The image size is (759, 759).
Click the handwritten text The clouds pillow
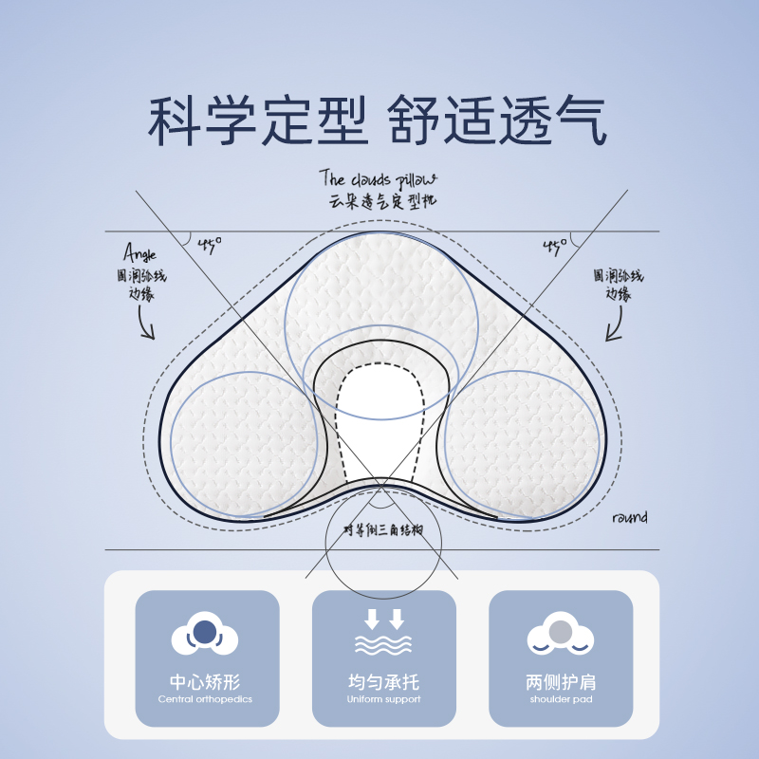coord(378,178)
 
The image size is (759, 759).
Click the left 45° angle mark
coord(210,245)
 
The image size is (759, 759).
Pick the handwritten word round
coord(630,518)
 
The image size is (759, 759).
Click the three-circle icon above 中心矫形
coord(205,636)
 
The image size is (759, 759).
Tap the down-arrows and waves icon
coord(383,633)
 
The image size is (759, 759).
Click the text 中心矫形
coord(205,682)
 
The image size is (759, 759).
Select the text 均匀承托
coord(383,682)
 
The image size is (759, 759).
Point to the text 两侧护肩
coord(561,682)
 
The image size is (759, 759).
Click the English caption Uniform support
coord(383,700)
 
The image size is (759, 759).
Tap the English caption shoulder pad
coord(561,700)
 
